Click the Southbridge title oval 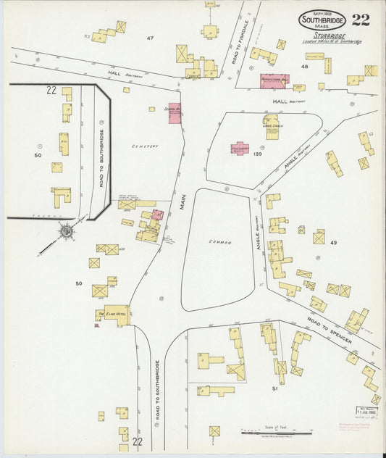pos(322,19)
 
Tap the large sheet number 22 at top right pos(360,19)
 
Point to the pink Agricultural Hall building pos(274,80)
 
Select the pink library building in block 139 pos(240,148)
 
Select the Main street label pos(183,200)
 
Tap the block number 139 pos(259,154)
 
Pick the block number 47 pos(151,38)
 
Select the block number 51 pos(274,388)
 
